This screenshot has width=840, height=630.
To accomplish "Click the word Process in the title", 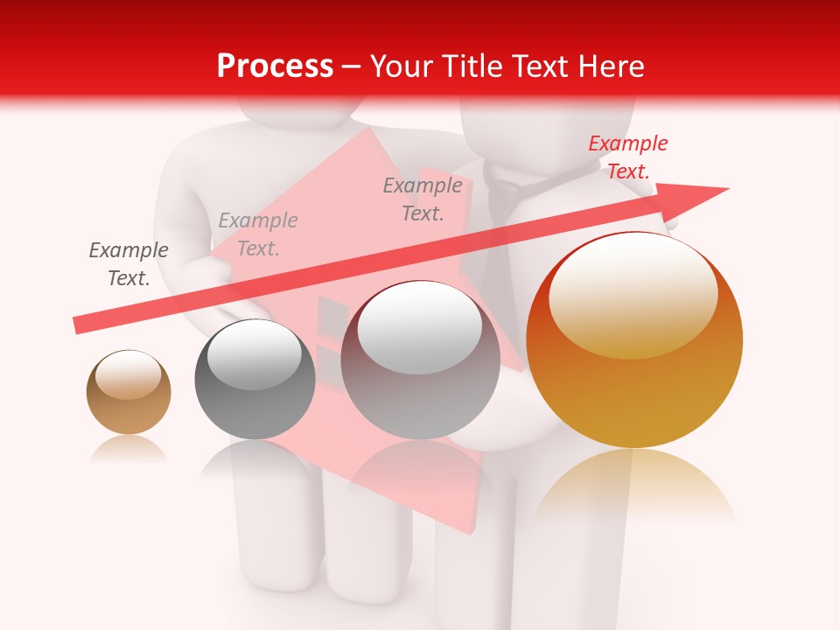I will (x=275, y=66).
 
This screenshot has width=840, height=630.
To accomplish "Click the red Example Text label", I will (x=627, y=157).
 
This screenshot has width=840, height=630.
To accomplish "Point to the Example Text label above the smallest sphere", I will (x=129, y=264).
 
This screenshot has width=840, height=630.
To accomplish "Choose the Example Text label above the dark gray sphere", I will (x=258, y=234).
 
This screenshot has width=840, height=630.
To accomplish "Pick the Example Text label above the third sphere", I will (x=423, y=199).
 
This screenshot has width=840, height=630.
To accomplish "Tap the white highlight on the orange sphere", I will (x=633, y=293).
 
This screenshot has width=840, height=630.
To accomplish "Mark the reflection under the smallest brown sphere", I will (x=129, y=450).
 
